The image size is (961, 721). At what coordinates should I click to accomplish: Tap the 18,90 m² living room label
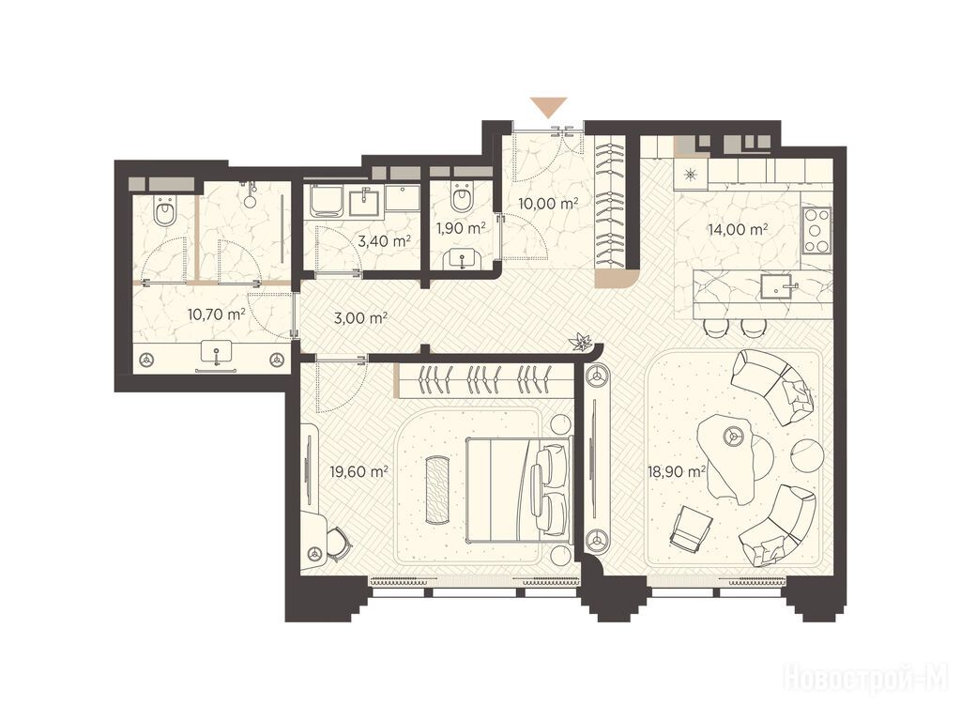(677, 471)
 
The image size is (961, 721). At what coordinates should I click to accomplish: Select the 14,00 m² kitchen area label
(738, 230)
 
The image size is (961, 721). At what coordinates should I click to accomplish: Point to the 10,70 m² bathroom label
(217, 314)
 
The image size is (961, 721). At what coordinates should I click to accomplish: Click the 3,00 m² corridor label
(360, 318)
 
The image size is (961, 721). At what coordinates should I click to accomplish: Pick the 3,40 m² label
(384, 241)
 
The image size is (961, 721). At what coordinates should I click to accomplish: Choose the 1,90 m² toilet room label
(461, 229)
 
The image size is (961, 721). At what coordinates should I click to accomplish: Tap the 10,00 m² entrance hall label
(548, 204)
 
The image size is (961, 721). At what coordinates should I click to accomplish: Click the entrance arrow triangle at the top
(548, 107)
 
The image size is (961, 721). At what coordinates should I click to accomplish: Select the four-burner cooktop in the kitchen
(816, 231)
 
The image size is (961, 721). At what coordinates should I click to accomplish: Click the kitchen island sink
(778, 286)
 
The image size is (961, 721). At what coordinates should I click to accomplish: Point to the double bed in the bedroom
(519, 489)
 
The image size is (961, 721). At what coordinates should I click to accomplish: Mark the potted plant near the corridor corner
(579, 341)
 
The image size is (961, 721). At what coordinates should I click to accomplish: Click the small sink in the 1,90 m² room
(462, 260)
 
